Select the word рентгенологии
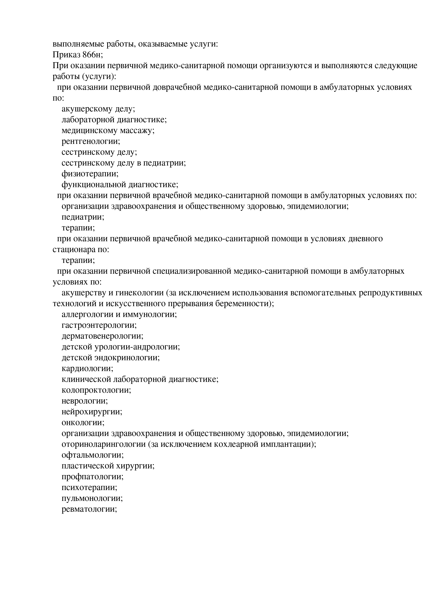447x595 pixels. [x=91, y=141]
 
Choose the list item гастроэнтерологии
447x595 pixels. [x=99, y=325]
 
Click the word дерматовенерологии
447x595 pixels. [x=102, y=336]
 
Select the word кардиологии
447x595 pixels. [x=87, y=368]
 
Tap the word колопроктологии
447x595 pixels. [x=96, y=390]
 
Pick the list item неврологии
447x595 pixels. [x=85, y=401]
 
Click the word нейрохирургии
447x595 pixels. [x=92, y=412]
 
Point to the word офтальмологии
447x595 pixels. [x=92, y=455]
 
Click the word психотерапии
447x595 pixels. [x=89, y=487]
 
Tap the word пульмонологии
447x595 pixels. [x=92, y=498]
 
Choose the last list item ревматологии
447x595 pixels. [x=89, y=509]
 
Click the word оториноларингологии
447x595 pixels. [x=103, y=444]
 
